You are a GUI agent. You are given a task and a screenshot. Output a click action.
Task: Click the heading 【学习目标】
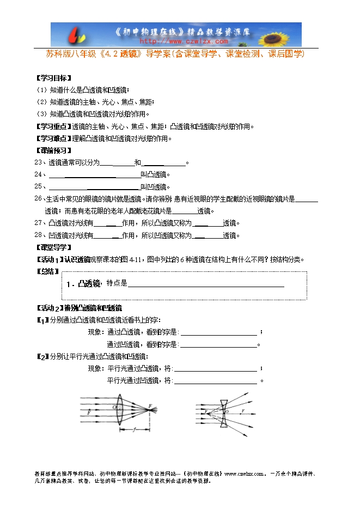click(x=53, y=78)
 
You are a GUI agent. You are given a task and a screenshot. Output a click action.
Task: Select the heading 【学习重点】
click(x=53, y=126)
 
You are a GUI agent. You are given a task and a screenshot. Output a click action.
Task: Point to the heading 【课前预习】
click(x=53, y=150)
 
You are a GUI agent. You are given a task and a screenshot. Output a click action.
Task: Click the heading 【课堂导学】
click(x=53, y=247)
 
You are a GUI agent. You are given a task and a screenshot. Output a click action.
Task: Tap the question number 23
click(x=38, y=162)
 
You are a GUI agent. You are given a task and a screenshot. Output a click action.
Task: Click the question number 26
click(x=38, y=198)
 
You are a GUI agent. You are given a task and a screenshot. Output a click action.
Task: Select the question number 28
click(x=38, y=235)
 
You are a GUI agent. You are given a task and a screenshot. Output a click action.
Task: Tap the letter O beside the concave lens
click(x=227, y=412)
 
